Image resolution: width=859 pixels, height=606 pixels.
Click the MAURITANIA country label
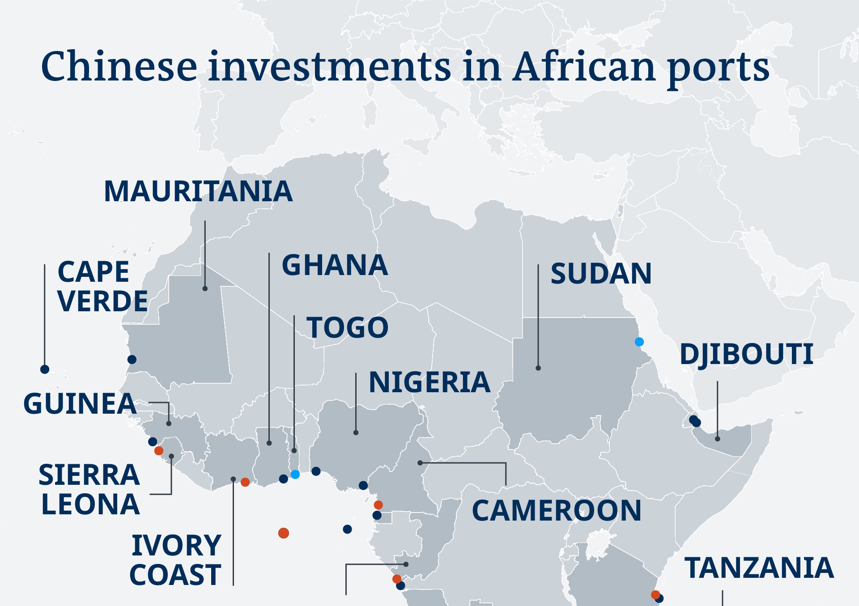(198, 191)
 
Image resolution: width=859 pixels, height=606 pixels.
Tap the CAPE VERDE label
(102, 286)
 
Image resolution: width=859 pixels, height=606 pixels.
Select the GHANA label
(335, 265)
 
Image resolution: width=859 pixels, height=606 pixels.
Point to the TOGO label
(347, 327)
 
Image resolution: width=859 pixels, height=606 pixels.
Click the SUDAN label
(601, 273)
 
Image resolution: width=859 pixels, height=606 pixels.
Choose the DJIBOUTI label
(746, 354)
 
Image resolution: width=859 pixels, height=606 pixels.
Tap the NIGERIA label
(429, 382)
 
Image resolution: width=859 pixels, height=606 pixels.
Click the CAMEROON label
(557, 511)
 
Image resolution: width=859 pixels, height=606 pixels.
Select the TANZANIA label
(759, 568)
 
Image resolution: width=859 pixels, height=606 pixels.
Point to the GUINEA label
(80, 403)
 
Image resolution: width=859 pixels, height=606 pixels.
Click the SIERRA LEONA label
(89, 489)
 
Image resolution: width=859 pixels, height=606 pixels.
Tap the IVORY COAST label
(176, 560)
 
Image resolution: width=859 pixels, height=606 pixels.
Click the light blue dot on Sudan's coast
(639, 342)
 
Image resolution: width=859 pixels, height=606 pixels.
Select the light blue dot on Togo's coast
(295, 474)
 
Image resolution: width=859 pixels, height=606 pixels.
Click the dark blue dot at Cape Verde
(45, 369)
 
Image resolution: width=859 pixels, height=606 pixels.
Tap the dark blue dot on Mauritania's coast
(132, 359)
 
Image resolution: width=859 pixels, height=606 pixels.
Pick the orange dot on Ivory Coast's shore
(245, 482)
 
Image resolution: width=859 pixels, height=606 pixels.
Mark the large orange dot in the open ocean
(284, 533)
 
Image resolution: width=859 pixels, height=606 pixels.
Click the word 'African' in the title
(583, 67)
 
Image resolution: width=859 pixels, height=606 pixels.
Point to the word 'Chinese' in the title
(119, 67)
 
